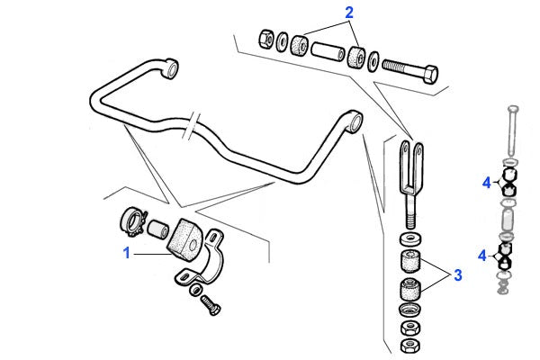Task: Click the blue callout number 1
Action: (x=127, y=253)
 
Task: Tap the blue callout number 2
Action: (x=349, y=13)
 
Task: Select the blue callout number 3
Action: (x=458, y=275)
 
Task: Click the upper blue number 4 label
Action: (x=486, y=183)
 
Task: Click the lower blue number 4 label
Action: (x=482, y=256)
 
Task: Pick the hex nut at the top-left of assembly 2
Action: (x=266, y=39)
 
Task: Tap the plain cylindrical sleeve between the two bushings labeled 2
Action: (x=328, y=51)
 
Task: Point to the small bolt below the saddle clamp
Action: (x=210, y=304)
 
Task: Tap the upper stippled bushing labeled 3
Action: (x=410, y=261)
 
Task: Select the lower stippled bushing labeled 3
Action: (x=410, y=290)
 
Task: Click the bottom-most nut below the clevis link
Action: (x=409, y=346)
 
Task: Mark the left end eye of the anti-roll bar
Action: (x=170, y=68)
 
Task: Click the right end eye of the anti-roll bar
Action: (x=355, y=121)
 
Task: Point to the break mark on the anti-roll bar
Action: (x=192, y=126)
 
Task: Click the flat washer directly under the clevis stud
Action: (x=410, y=238)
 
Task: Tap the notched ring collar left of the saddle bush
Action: (x=132, y=221)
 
